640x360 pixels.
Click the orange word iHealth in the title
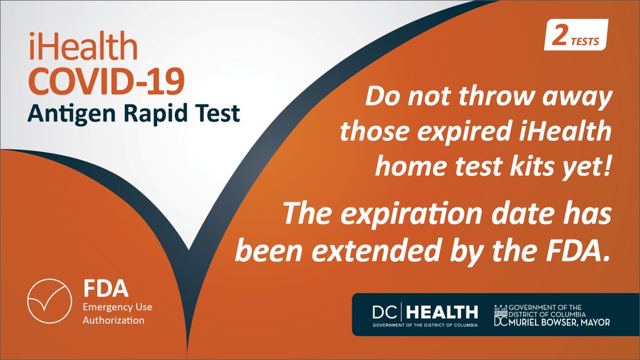coord(83,50)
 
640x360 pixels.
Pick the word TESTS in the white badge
coord(585,40)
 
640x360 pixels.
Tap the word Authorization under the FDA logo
coord(114,321)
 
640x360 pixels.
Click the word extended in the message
coord(395,249)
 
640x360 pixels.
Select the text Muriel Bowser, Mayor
coord(559,322)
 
